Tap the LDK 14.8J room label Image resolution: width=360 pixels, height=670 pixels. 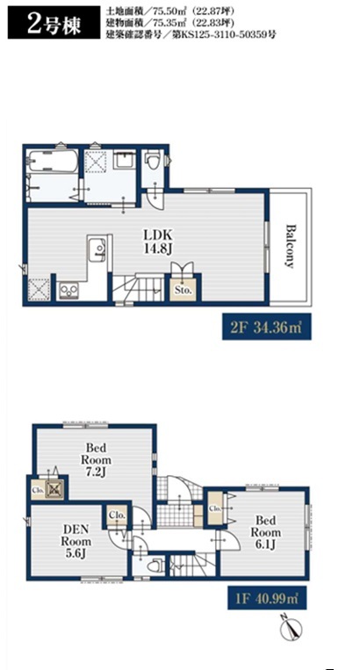coord(157,241)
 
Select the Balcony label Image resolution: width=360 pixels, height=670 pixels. coord(291,246)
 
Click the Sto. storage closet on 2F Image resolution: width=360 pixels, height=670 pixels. coord(184,289)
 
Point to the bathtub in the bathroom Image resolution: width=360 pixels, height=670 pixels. coord(52,161)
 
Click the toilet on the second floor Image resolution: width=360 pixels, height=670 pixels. coord(152,161)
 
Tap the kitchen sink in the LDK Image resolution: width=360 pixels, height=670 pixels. coord(97,249)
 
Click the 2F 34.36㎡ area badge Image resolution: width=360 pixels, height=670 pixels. coord(266,328)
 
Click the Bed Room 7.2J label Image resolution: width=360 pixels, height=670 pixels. coord(98,460)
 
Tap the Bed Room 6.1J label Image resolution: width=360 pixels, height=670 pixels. coord(265,532)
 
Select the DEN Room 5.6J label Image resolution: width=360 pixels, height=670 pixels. coord(77,541)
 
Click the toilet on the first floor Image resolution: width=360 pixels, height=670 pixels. coord(153,567)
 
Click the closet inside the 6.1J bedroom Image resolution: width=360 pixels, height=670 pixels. coord(215,508)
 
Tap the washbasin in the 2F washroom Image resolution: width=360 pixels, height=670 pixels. coord(125,161)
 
